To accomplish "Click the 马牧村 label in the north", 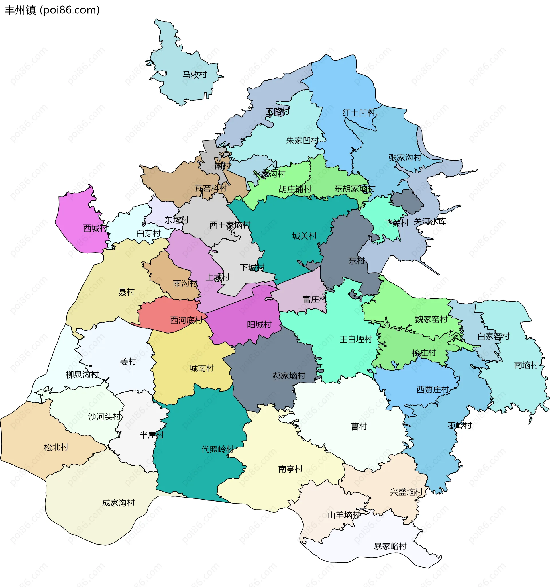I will tap(195, 75).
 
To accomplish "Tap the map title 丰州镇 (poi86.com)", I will tap(52, 10).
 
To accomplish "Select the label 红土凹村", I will tap(359, 113).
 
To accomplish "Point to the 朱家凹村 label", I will tap(302, 140).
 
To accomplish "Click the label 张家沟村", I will tap(404, 158).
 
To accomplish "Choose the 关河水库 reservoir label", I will tap(430, 222).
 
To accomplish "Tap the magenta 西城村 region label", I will tap(95, 228).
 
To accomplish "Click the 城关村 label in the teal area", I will tap(304, 236).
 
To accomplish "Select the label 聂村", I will tap(126, 292).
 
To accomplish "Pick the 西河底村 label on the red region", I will tap(186, 320).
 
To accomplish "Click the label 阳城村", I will tap(259, 325).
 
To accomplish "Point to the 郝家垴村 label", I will tap(288, 376).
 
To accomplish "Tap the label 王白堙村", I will tap(356, 339).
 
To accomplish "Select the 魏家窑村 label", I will tap(431, 320).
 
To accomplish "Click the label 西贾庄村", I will tap(433, 390).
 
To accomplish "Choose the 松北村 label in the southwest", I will tap(56, 447).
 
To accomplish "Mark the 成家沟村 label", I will tap(118, 503).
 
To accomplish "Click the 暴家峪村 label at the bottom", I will tap(390, 546).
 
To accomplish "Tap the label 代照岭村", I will tap(217, 449).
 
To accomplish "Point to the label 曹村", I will tap(359, 426).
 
